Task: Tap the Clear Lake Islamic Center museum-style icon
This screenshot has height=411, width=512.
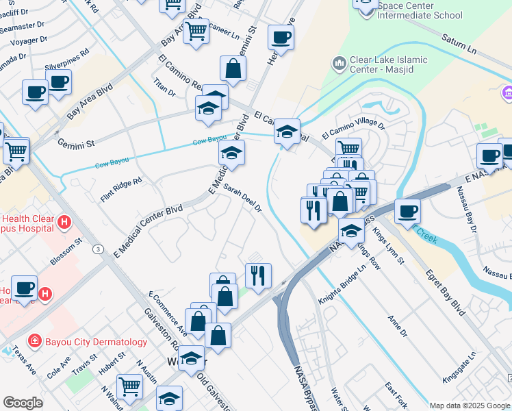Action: (339, 64)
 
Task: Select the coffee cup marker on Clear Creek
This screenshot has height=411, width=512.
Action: (407, 211)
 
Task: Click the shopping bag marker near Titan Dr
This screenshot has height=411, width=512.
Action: (233, 68)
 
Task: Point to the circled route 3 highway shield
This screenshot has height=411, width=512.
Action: (99, 250)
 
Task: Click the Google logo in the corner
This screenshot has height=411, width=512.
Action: (23, 402)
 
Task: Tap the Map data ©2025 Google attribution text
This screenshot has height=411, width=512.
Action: (470, 406)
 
